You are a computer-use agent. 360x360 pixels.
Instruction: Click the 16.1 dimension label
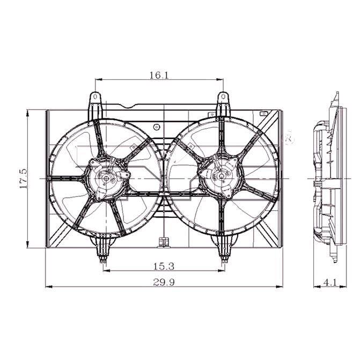(159, 75)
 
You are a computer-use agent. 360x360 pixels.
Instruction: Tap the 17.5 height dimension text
(24, 179)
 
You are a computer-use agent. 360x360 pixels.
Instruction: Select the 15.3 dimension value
(164, 266)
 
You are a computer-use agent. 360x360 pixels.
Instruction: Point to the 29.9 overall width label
(164, 282)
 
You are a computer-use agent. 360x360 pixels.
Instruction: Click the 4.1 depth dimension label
(330, 282)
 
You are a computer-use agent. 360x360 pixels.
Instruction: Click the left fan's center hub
(106, 178)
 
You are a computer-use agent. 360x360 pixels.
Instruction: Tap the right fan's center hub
(222, 177)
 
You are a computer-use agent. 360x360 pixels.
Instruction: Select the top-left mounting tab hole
(95, 97)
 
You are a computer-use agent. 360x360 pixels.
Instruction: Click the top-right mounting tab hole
(223, 97)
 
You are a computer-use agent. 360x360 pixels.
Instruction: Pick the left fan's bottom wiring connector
(104, 260)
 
